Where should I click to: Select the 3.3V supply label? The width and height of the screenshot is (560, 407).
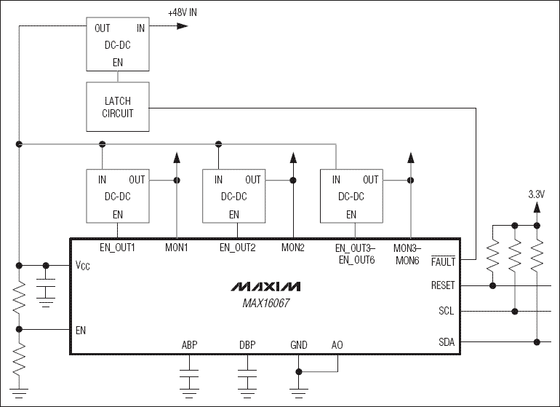tap(536, 194)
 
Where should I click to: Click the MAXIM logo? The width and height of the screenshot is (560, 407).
tap(265, 286)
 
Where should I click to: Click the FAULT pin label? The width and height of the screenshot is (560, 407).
tap(442, 260)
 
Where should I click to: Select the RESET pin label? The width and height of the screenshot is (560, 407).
tap(442, 285)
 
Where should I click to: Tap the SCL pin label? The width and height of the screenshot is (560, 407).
tap(446, 311)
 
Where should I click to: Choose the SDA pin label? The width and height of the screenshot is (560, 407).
tap(446, 341)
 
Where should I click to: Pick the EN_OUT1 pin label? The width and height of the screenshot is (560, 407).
tap(117, 248)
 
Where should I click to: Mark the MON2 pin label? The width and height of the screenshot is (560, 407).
tap(293, 248)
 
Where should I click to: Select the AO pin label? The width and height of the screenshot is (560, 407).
tap(336, 344)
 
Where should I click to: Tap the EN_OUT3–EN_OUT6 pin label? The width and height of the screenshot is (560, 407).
tap(355, 253)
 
